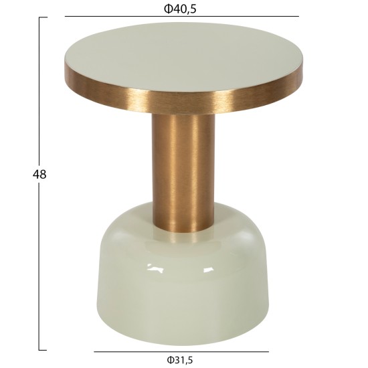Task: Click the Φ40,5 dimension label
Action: [180, 9]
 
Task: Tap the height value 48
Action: [39, 175]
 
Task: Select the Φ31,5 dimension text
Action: [180, 360]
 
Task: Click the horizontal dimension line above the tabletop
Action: [182, 17]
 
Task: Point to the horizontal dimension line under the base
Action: [181, 351]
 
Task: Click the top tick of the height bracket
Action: [43, 17]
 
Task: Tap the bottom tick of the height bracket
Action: [43, 350]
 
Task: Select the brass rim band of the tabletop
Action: [183, 98]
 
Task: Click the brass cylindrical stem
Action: [183, 171]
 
